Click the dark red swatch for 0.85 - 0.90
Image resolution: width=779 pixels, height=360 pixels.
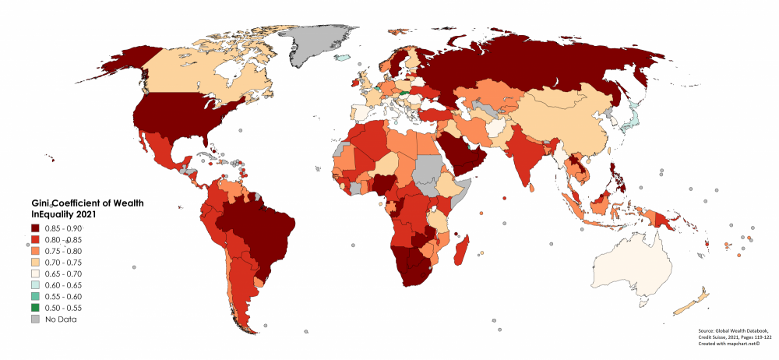[35, 228]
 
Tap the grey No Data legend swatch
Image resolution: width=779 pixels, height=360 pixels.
[35, 319]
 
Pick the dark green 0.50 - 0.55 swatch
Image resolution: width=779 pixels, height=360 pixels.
[35, 308]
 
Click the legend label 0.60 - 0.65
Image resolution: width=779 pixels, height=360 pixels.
[63, 285]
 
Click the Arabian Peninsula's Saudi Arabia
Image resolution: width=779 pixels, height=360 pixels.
[460, 152]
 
